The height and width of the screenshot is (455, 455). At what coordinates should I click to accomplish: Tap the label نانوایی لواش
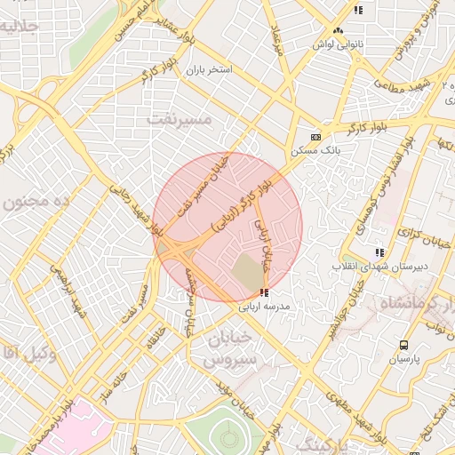click(x=332, y=43)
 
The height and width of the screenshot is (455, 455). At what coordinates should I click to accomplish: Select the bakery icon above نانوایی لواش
click(x=338, y=31)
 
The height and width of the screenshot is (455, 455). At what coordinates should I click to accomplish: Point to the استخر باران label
click(x=208, y=68)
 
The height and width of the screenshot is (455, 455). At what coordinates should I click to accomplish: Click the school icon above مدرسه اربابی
click(x=264, y=292)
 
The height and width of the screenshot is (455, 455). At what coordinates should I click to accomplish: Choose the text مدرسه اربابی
click(x=266, y=306)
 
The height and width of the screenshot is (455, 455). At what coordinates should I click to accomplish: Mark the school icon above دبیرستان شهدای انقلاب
click(x=380, y=253)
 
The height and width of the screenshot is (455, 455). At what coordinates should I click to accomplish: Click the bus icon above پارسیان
click(x=404, y=346)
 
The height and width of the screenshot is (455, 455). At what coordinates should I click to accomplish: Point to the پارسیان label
click(x=404, y=359)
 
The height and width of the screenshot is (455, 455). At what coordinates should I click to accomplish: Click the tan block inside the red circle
click(x=247, y=271)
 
